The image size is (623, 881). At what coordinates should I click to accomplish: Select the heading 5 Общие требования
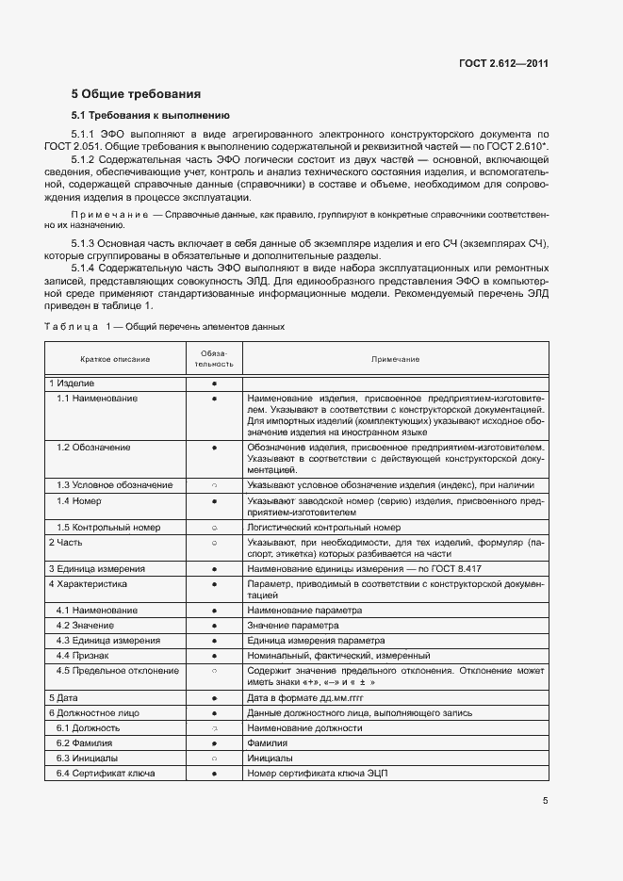click(136, 94)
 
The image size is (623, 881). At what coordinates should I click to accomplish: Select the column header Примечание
click(395, 359)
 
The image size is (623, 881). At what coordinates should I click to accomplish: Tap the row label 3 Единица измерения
click(97, 569)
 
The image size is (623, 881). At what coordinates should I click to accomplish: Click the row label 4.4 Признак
click(82, 655)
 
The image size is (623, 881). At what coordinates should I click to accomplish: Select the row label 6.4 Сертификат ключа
click(106, 773)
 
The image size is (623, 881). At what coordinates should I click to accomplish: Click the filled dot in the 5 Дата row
click(214, 697)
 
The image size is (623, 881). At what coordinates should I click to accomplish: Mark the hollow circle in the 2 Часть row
click(214, 543)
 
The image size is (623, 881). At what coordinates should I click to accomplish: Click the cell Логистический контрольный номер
click(324, 528)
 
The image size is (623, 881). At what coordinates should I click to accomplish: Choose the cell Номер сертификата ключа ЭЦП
click(317, 773)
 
